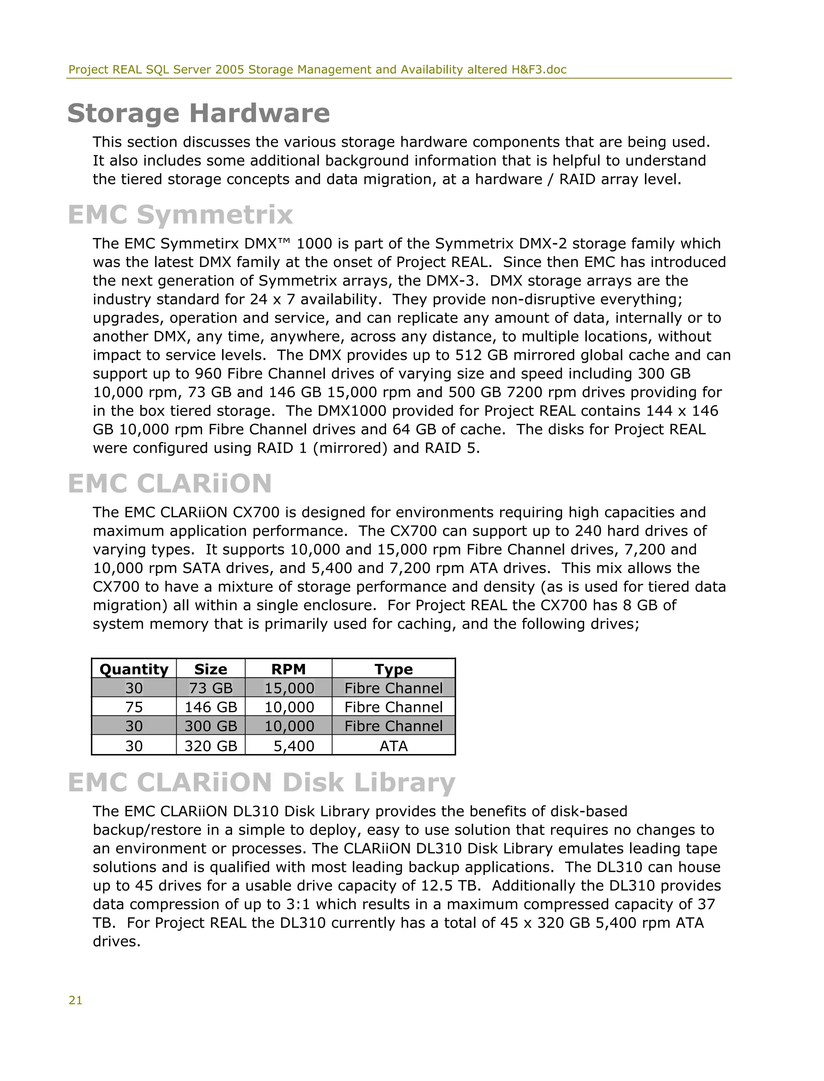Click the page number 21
(76, 1001)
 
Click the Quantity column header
(134, 669)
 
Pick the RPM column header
(288, 669)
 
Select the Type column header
(393, 669)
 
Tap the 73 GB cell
(210, 688)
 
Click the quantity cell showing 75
(134, 707)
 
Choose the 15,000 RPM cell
(289, 688)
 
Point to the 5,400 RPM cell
(293, 746)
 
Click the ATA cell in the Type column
(393, 746)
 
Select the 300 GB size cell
(210, 726)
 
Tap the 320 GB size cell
(210, 746)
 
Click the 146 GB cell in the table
(210, 707)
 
